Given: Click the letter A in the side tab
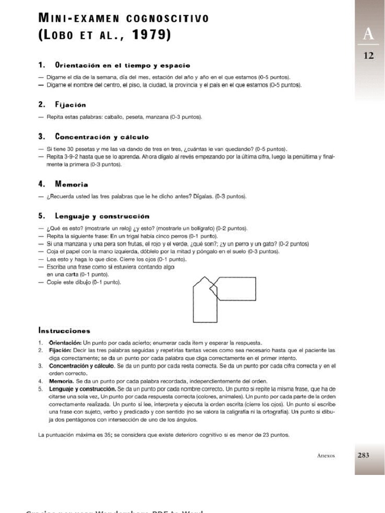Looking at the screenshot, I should coord(369,34).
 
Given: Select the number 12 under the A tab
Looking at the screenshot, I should coord(369,56).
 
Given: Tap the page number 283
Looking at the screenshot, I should coord(363,455).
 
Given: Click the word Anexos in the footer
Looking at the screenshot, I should coord(326,456).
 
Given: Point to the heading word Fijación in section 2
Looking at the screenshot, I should coord(71,105).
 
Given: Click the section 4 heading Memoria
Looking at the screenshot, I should coord(72,184).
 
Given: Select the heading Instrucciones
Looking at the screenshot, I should coord(64,331).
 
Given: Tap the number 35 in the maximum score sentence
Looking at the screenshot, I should coord(107,435).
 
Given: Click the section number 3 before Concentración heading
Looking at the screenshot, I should coord(41,136).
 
